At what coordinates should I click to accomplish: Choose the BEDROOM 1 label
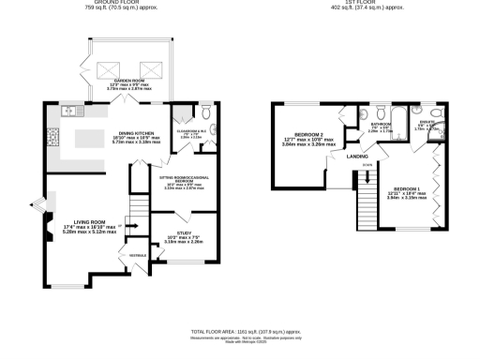pyautogui.click(x=407, y=189)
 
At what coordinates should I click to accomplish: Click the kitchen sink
pyautogui.click(x=69, y=112)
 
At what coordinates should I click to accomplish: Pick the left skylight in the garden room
pyautogui.click(x=105, y=67)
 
